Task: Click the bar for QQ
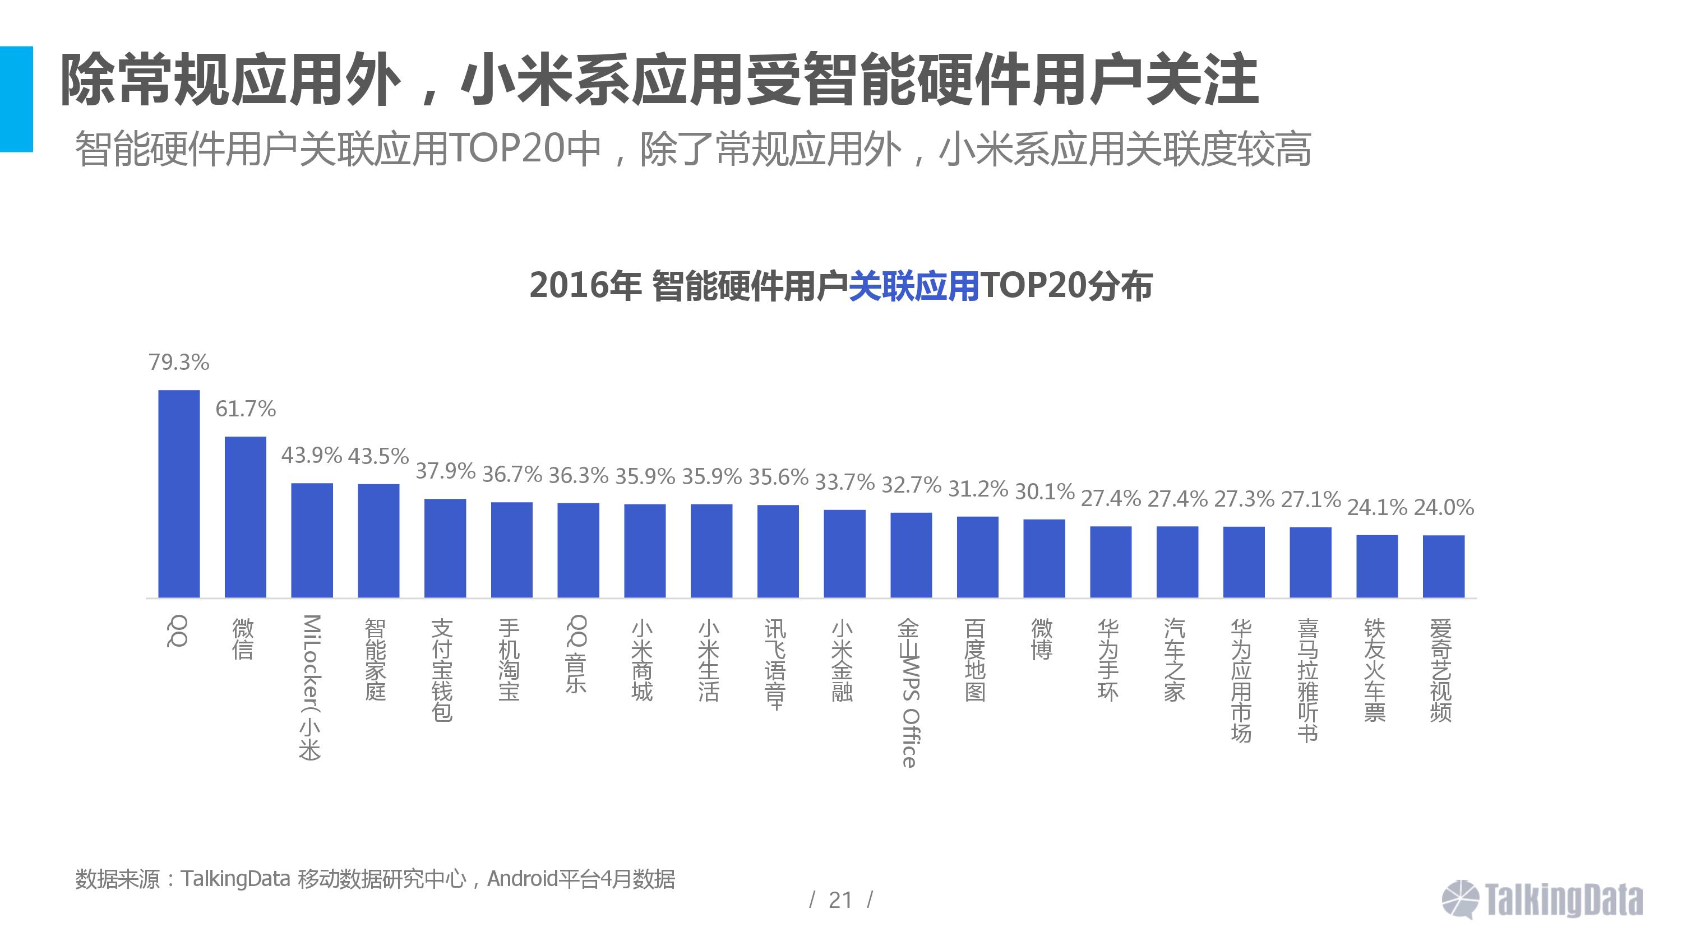click(x=179, y=494)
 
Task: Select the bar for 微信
click(x=246, y=517)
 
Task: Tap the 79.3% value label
click(x=179, y=363)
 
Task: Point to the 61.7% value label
click(x=246, y=409)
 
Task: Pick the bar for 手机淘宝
click(x=512, y=550)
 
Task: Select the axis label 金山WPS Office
click(x=909, y=692)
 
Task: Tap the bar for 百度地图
click(x=977, y=557)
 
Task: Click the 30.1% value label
click(x=1044, y=491)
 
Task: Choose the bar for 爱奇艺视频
click(x=1444, y=566)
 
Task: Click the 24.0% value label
click(x=1444, y=507)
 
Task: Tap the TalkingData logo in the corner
click(x=1542, y=899)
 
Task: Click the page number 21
click(x=840, y=900)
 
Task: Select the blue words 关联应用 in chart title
click(x=913, y=286)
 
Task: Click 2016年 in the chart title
click(x=585, y=286)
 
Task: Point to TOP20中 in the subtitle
click(x=526, y=149)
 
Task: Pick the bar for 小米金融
click(x=844, y=554)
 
